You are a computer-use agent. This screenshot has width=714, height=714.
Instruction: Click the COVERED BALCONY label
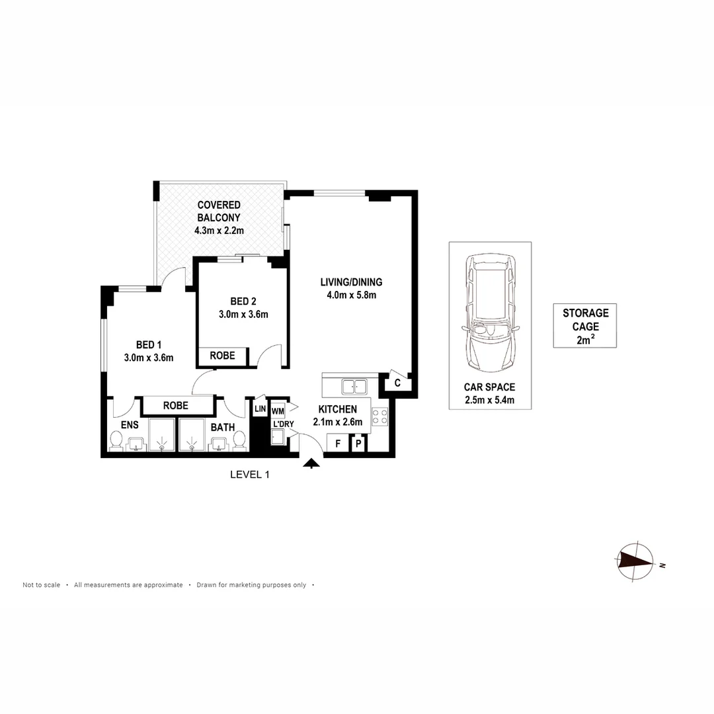[219, 211]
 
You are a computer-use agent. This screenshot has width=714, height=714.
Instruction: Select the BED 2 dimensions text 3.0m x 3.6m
[243, 315]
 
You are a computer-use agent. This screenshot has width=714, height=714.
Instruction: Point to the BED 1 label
[149, 344]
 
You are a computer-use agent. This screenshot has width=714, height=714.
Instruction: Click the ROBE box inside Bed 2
[222, 356]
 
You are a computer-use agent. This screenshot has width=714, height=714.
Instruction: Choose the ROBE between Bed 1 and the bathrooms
[175, 405]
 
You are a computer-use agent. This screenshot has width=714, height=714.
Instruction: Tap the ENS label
[130, 426]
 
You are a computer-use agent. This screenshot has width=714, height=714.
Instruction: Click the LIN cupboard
[260, 410]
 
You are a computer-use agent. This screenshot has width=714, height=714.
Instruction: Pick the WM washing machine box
[278, 411]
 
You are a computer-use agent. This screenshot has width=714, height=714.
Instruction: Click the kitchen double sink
[354, 386]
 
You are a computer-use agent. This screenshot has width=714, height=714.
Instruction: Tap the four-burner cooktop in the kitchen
[380, 416]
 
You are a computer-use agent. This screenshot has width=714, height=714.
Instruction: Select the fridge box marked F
[338, 444]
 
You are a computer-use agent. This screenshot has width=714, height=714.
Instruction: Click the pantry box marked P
[358, 444]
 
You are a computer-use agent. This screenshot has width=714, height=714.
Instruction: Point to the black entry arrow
[310, 465]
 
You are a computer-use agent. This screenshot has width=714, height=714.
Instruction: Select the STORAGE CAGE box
[585, 326]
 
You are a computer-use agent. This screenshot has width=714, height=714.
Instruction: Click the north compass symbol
[636, 561]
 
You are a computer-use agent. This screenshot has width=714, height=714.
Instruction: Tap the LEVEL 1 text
[250, 474]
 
